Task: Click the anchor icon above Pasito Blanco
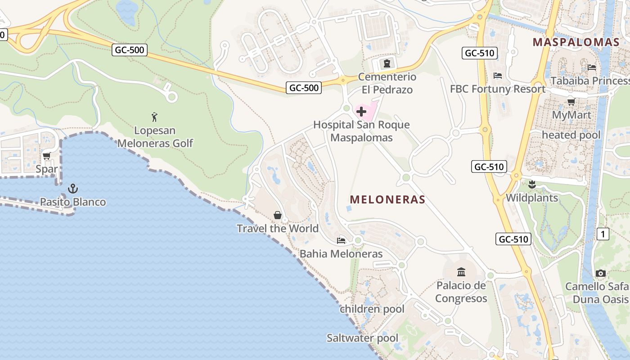[72, 189]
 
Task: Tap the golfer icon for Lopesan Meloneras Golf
[155, 117]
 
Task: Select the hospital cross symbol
[361, 111]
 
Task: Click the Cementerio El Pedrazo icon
[387, 63]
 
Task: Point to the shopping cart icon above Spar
[46, 156]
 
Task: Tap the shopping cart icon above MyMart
[571, 102]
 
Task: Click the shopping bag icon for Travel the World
[278, 215]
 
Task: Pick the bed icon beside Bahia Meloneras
[341, 241]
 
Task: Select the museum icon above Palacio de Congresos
[461, 272]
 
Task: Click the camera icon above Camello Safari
[600, 273]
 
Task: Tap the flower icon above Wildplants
[531, 184]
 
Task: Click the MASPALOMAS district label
[576, 42]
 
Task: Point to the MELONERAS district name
[387, 199]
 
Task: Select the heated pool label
[571, 135]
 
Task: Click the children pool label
[372, 309]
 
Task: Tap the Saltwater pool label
[362, 338]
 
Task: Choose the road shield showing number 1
[603, 234]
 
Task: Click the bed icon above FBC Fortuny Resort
[498, 75]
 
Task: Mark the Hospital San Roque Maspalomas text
[361, 131]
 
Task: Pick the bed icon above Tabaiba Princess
[592, 67]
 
